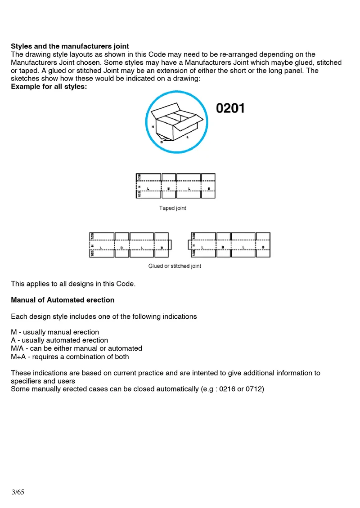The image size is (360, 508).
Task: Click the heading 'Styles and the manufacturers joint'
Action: pos(70,46)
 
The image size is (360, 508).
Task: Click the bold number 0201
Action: pos(231,108)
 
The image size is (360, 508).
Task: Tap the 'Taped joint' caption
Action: pos(173,208)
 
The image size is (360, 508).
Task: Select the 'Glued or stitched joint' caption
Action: pos(175,266)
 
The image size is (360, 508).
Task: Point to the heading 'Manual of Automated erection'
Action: pos(63,300)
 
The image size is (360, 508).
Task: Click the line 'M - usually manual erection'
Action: pos(55,332)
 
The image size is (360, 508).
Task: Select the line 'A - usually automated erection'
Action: pos(59,340)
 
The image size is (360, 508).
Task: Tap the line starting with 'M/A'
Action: pos(76,348)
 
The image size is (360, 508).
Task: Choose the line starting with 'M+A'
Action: pos(70,357)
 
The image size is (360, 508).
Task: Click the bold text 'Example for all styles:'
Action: pos(49,87)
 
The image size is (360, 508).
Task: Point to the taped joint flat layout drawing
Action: pos(175,186)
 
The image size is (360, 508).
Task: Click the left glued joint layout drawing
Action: pos(130,245)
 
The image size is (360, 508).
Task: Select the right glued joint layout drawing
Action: pos(229,245)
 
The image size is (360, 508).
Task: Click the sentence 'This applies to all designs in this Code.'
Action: pos(73,284)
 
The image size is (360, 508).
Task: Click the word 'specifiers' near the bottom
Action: pos(27,381)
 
